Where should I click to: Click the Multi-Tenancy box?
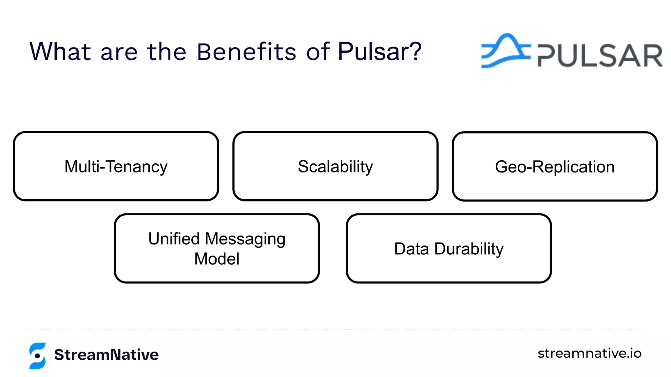(116, 166)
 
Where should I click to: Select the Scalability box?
(335, 166)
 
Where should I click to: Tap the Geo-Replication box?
(555, 166)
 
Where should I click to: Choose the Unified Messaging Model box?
(217, 248)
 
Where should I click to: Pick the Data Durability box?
(449, 248)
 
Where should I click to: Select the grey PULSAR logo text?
(600, 56)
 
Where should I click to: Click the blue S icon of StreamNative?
(37, 356)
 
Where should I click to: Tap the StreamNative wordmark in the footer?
(106, 355)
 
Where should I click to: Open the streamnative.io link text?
(589, 353)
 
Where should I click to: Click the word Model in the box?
(217, 259)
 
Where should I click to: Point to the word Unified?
(174, 239)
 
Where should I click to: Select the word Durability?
(469, 249)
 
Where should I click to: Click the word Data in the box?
(411, 249)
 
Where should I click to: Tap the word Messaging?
(245, 239)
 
